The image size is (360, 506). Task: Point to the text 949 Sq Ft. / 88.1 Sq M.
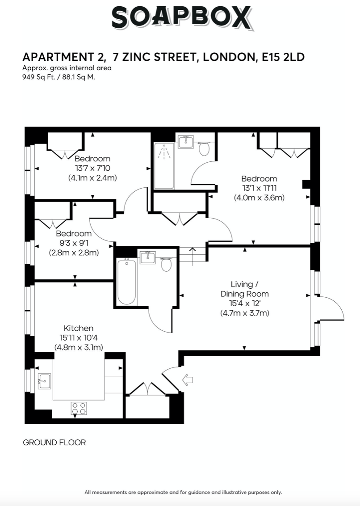[x=59, y=76]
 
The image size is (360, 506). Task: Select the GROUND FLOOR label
[x=54, y=443]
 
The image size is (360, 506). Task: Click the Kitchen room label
[x=79, y=328]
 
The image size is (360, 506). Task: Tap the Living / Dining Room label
[x=244, y=289]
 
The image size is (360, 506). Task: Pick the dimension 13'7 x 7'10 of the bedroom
[x=92, y=168]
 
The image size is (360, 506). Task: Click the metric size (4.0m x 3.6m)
[x=259, y=197]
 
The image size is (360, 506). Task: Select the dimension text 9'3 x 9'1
[x=73, y=243]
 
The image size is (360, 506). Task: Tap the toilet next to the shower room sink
[x=204, y=148]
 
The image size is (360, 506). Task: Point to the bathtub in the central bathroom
[x=126, y=282]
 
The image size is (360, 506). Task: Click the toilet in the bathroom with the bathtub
[x=166, y=265]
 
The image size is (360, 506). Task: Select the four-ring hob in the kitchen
[x=79, y=409]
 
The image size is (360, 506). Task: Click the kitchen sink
[x=44, y=381]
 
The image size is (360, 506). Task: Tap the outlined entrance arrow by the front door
[x=188, y=380]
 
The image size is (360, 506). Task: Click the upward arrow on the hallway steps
[x=193, y=253]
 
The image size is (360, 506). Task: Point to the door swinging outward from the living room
[x=331, y=308]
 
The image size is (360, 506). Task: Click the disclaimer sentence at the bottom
[x=183, y=492]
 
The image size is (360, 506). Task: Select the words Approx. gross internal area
[x=67, y=68]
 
